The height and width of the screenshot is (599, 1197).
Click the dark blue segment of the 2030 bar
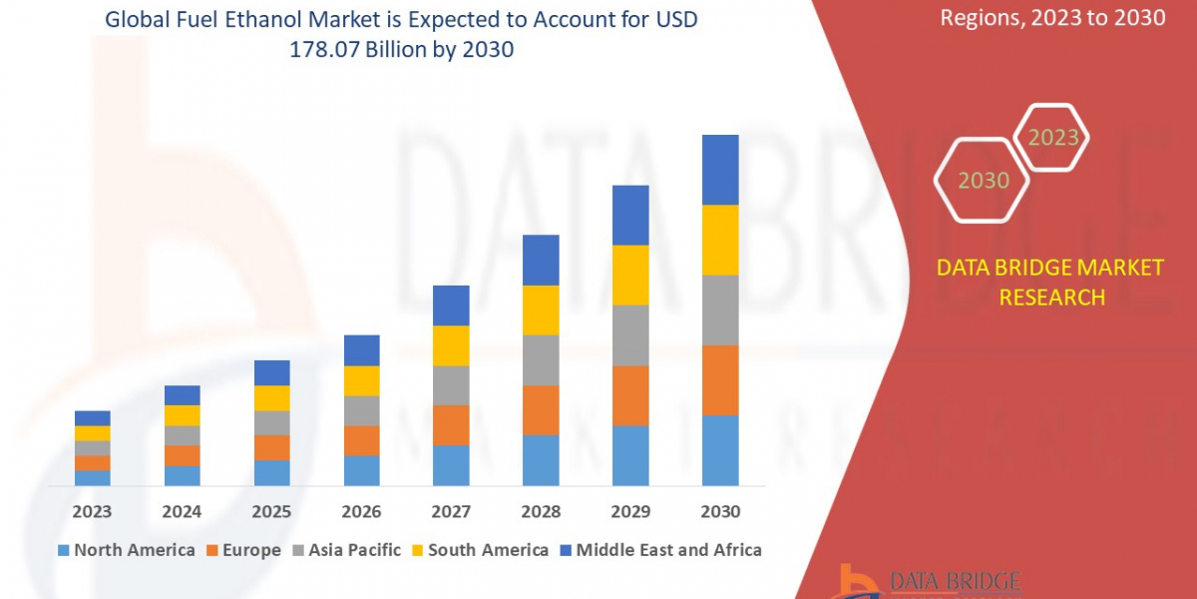[720, 170]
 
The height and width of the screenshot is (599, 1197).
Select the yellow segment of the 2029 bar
[630, 275]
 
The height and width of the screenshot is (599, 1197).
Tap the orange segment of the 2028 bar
[541, 409]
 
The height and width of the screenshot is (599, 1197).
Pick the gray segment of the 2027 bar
[451, 385]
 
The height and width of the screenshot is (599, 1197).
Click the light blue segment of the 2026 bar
[361, 470]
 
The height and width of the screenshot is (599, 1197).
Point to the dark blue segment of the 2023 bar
[93, 417]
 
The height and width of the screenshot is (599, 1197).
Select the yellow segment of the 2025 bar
[271, 398]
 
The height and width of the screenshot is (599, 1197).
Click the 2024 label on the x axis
[182, 511]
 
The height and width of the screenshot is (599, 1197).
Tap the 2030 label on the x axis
[720, 511]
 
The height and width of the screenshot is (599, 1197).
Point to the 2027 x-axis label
[451, 511]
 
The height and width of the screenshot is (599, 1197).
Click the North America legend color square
[65, 550]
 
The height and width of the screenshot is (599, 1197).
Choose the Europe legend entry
[245, 550]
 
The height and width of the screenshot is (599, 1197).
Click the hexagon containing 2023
[1052, 138]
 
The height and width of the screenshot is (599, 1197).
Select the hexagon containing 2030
[984, 181]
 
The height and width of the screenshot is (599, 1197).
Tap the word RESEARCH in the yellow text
[1050, 297]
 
